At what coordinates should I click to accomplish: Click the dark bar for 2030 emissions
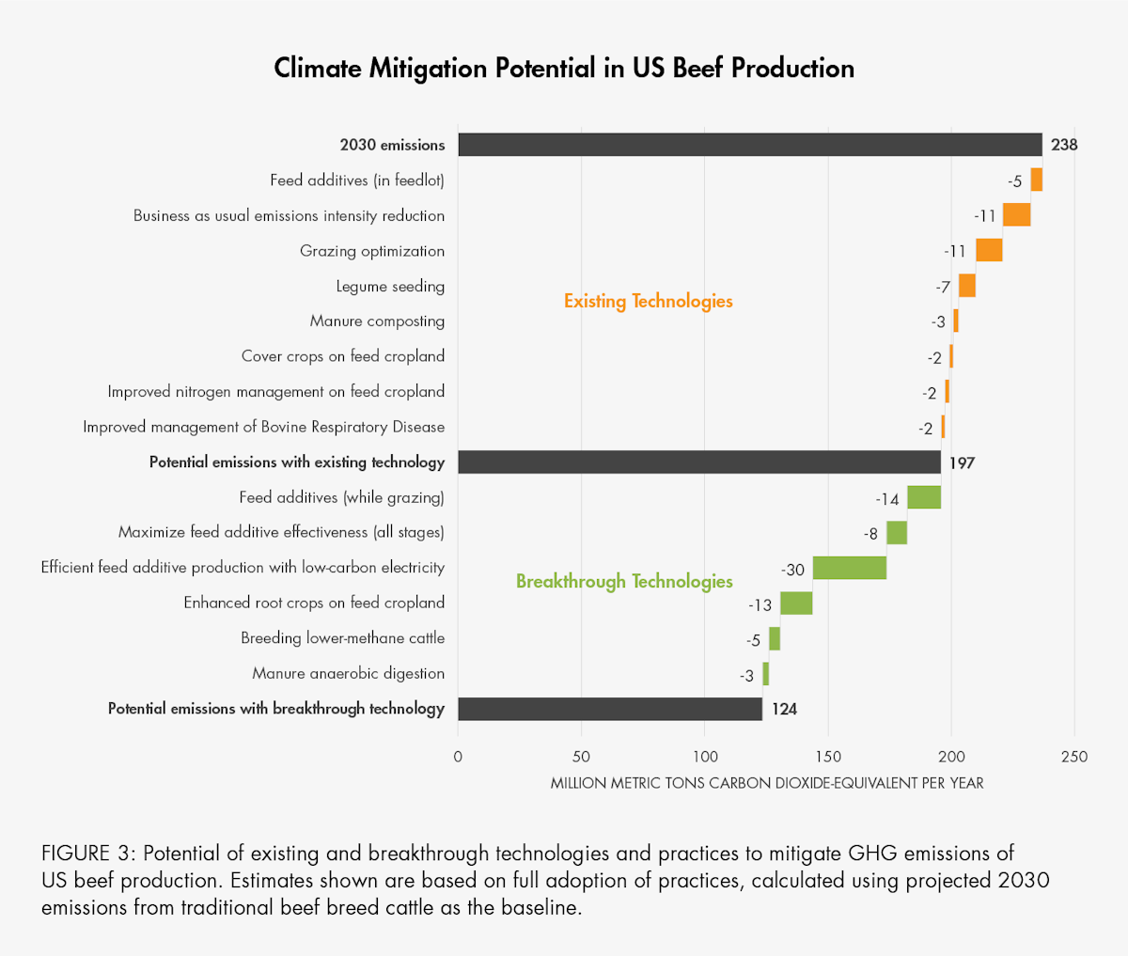pyautogui.click(x=750, y=145)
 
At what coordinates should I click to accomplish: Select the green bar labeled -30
pyautogui.click(x=849, y=568)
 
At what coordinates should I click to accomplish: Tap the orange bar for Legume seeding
pyautogui.click(x=966, y=286)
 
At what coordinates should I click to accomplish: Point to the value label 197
pyautogui.click(x=962, y=462)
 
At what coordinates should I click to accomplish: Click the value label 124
pyautogui.click(x=784, y=709)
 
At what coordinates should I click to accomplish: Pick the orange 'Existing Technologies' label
pyautogui.click(x=648, y=302)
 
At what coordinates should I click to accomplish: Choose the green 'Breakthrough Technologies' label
pyautogui.click(x=624, y=582)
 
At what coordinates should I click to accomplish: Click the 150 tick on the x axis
pyautogui.click(x=828, y=757)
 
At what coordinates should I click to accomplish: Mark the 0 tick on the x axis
pyautogui.click(x=458, y=757)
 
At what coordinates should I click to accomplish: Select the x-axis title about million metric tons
pyautogui.click(x=767, y=783)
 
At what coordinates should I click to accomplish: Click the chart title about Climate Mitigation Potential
pyautogui.click(x=564, y=69)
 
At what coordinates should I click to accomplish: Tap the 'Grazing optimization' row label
pyautogui.click(x=372, y=251)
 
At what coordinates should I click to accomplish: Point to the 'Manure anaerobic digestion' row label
pyautogui.click(x=348, y=673)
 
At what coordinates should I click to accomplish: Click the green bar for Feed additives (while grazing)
pyautogui.click(x=923, y=497)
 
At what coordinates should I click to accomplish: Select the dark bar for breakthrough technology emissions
pyautogui.click(x=610, y=709)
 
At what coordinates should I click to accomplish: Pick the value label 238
pyautogui.click(x=1064, y=145)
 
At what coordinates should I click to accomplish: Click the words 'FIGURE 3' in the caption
pyautogui.click(x=88, y=854)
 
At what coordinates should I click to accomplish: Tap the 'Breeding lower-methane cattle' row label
pyautogui.click(x=342, y=638)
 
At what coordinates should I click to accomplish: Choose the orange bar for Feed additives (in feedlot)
pyautogui.click(x=1036, y=180)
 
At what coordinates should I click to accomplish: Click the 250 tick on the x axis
pyautogui.click(x=1074, y=757)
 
